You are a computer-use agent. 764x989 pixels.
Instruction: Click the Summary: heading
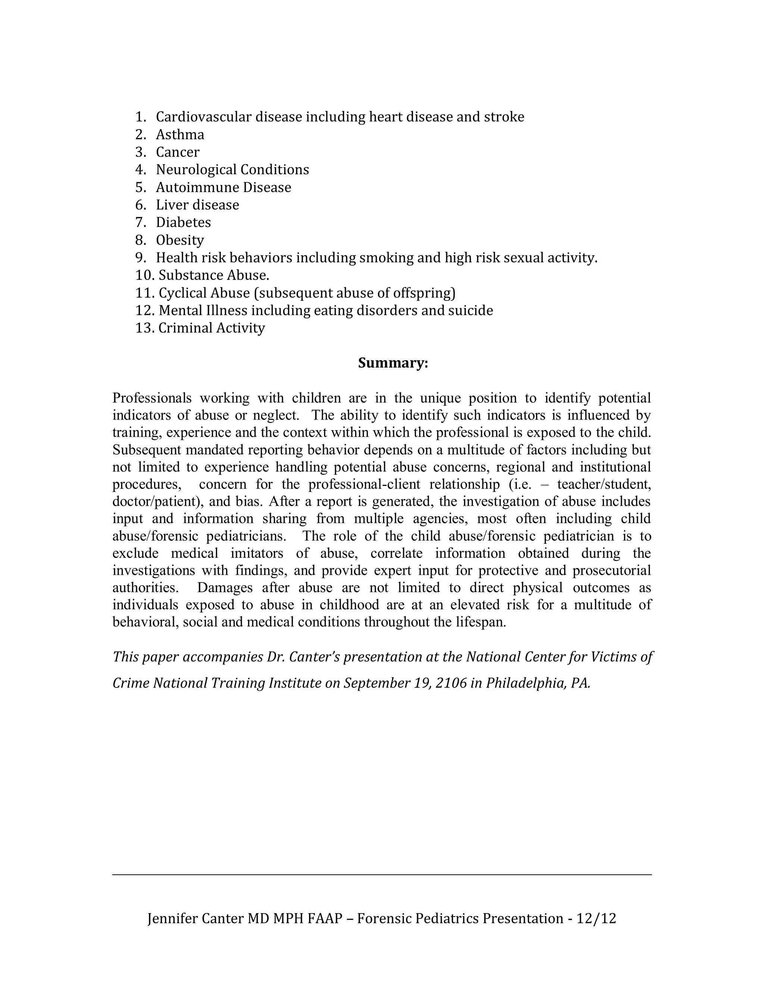pyautogui.click(x=392, y=363)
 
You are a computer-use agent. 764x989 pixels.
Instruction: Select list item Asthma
pyautogui.click(x=180, y=134)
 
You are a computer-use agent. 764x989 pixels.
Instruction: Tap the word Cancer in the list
pyautogui.click(x=178, y=152)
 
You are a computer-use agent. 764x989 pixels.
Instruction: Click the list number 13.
pyautogui.click(x=144, y=328)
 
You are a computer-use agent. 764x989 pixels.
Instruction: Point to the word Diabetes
pyautogui.click(x=183, y=222)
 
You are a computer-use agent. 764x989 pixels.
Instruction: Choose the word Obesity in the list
pyautogui.click(x=180, y=240)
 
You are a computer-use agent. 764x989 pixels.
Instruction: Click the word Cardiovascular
pyautogui.click(x=204, y=117)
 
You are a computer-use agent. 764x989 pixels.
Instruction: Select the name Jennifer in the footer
pyautogui.click(x=172, y=918)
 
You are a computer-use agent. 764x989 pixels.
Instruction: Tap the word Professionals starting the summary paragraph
pyautogui.click(x=151, y=398)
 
